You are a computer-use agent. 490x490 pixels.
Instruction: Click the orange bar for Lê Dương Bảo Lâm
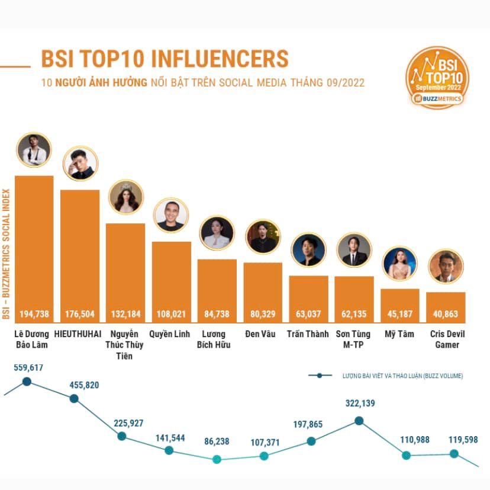[x=34, y=249]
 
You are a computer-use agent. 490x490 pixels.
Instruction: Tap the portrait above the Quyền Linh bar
[x=171, y=215]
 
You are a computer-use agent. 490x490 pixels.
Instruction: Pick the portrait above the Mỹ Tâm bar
[x=400, y=264]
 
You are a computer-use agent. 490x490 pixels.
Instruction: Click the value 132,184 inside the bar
[x=125, y=314]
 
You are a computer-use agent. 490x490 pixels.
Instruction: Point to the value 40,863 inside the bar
[x=446, y=314]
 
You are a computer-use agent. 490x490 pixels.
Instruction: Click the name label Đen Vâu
[x=263, y=334]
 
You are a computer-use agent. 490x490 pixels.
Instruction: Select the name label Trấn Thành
[x=308, y=334]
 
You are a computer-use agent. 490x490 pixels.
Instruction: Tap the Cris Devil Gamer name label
[x=447, y=340]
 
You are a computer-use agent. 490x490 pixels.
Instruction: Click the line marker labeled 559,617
[x=27, y=381]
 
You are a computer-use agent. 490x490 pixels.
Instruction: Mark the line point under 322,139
[x=359, y=421]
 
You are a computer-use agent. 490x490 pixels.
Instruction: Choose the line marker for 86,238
[x=217, y=459]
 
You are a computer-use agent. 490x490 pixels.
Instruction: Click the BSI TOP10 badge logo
[x=437, y=78]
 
